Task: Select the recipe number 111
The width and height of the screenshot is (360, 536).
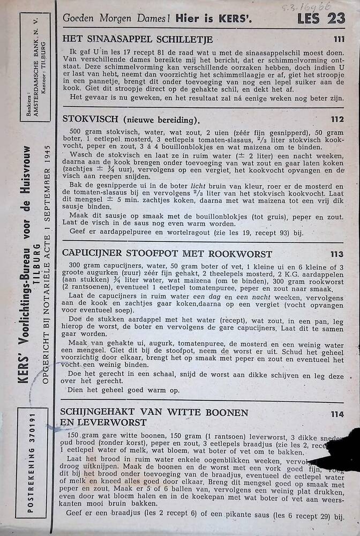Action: (x=338, y=39)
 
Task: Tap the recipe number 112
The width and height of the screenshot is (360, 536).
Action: (x=337, y=120)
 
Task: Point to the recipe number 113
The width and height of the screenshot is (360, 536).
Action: (x=337, y=254)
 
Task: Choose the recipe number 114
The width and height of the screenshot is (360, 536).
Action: (x=337, y=413)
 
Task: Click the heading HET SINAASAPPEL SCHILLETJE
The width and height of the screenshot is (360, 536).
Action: (x=138, y=39)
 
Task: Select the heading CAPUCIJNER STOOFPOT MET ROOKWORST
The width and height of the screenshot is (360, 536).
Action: (x=167, y=254)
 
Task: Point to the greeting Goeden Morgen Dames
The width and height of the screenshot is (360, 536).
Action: (x=116, y=18)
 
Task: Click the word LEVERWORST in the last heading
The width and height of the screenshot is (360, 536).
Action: (x=104, y=422)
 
